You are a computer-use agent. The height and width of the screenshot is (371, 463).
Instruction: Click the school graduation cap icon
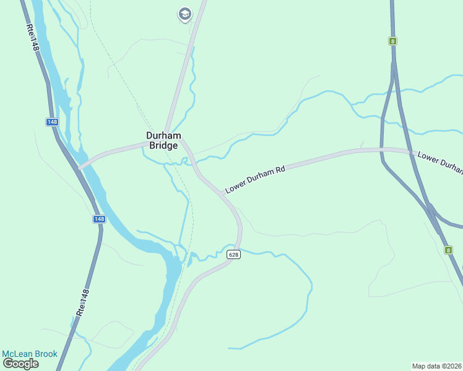184,14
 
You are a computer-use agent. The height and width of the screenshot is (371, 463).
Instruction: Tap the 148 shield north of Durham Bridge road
52,122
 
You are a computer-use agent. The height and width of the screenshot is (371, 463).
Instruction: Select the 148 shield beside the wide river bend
99,219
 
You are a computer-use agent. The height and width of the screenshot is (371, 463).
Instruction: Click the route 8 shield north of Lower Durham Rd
392,41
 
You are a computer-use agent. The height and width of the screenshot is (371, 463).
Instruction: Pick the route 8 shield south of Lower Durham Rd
448,250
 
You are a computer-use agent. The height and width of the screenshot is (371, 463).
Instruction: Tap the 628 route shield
233,255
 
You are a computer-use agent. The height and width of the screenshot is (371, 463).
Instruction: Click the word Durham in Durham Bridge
163,135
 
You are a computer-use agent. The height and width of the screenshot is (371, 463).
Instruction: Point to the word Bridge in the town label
163,146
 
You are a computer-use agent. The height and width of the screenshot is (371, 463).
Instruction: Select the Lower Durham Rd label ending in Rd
254,178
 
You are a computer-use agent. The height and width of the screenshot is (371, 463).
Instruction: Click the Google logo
20,364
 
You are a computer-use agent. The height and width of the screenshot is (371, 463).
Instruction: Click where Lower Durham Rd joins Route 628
220,193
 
